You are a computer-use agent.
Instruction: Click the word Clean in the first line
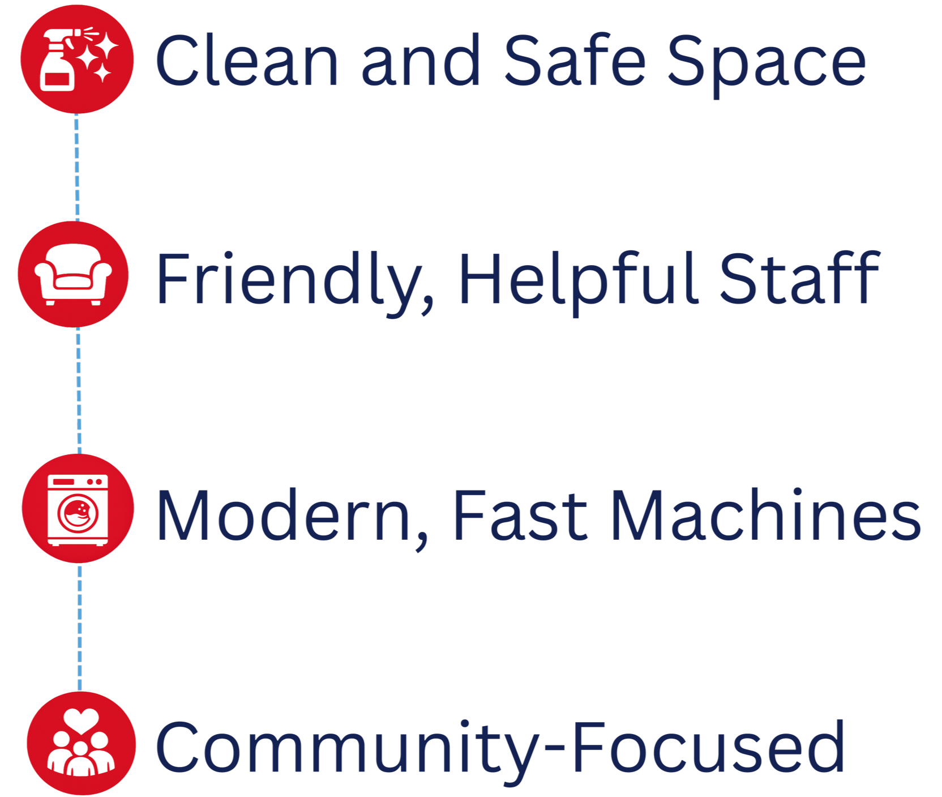pyautogui.click(x=247, y=60)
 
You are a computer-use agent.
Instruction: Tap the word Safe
pyautogui.click(x=575, y=60)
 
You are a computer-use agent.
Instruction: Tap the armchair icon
pyautogui.click(x=73, y=274)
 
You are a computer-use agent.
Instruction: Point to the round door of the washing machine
pyautogui.click(x=78, y=514)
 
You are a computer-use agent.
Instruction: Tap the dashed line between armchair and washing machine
pyautogui.click(x=79, y=391)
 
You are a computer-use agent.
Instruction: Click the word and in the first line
pyautogui.click(x=420, y=60)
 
